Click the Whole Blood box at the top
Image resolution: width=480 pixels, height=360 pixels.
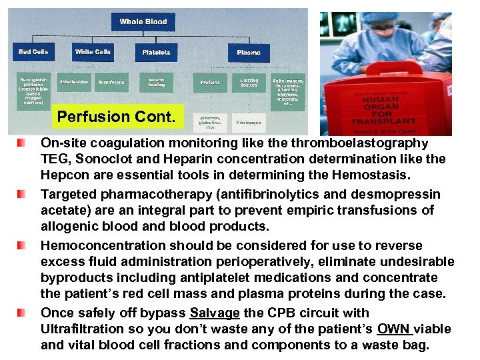click(143, 21)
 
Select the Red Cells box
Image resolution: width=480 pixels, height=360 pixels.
click(33, 51)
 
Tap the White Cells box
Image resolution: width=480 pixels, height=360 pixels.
click(93, 51)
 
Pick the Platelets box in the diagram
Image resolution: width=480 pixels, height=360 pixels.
click(157, 52)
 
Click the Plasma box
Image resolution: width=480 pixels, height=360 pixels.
click(249, 52)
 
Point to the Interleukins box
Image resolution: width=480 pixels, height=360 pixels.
click(73, 82)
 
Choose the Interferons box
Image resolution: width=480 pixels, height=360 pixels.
click(111, 82)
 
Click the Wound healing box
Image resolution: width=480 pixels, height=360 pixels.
click(156, 82)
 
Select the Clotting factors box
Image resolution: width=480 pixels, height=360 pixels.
click(249, 83)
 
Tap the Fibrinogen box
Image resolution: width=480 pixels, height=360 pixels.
click(249, 123)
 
